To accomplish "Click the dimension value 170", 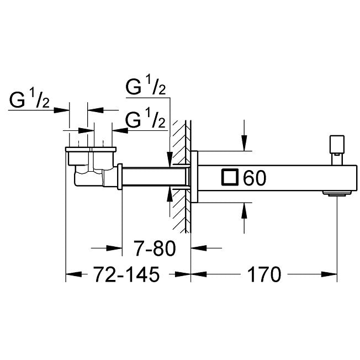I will click(264, 274).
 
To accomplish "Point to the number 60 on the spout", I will click(254, 178).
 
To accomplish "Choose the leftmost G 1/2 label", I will click(31, 102).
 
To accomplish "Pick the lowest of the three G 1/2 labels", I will click(146, 120).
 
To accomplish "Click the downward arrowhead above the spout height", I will click(243, 145).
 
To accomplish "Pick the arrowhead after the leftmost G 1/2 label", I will click(63, 109).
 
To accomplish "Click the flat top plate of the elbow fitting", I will click(91, 149).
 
